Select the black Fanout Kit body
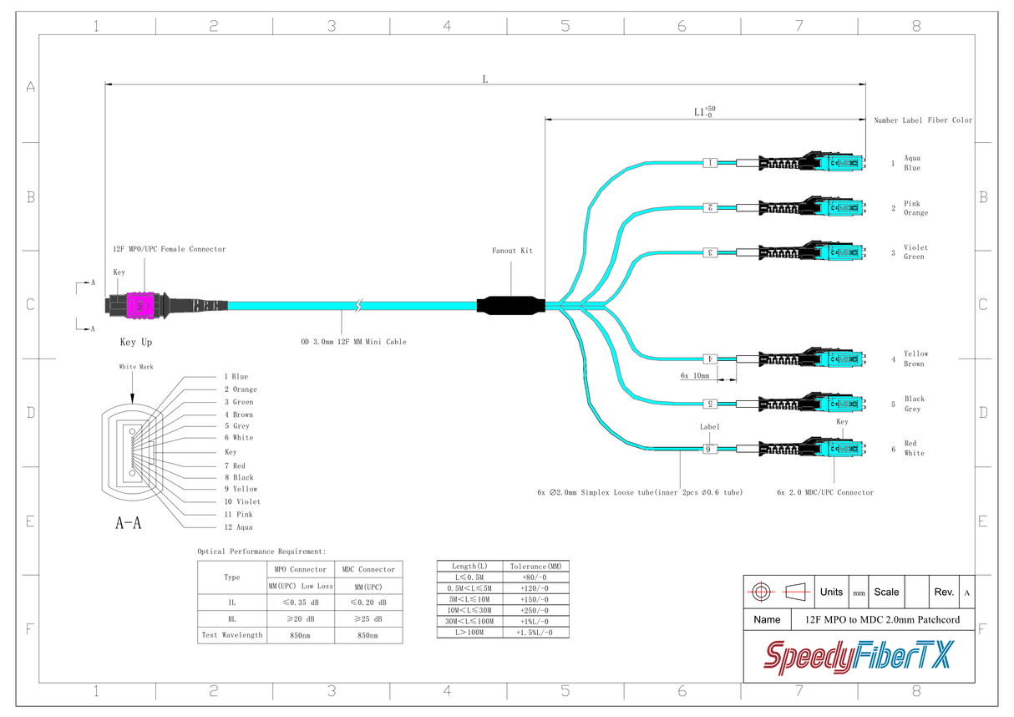510,306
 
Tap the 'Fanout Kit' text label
512,251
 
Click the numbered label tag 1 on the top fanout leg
710,163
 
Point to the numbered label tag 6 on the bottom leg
710,449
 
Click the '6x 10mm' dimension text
694,376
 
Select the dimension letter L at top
484,79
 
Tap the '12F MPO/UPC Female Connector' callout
169,249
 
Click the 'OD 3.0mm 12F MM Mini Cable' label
353,342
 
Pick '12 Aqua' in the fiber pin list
238,527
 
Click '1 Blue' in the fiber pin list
236,377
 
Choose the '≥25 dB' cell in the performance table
368,619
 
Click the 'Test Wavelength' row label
231,635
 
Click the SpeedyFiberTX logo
858,657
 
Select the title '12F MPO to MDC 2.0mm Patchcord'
882,620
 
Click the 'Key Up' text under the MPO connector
136,343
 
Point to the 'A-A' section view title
128,524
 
